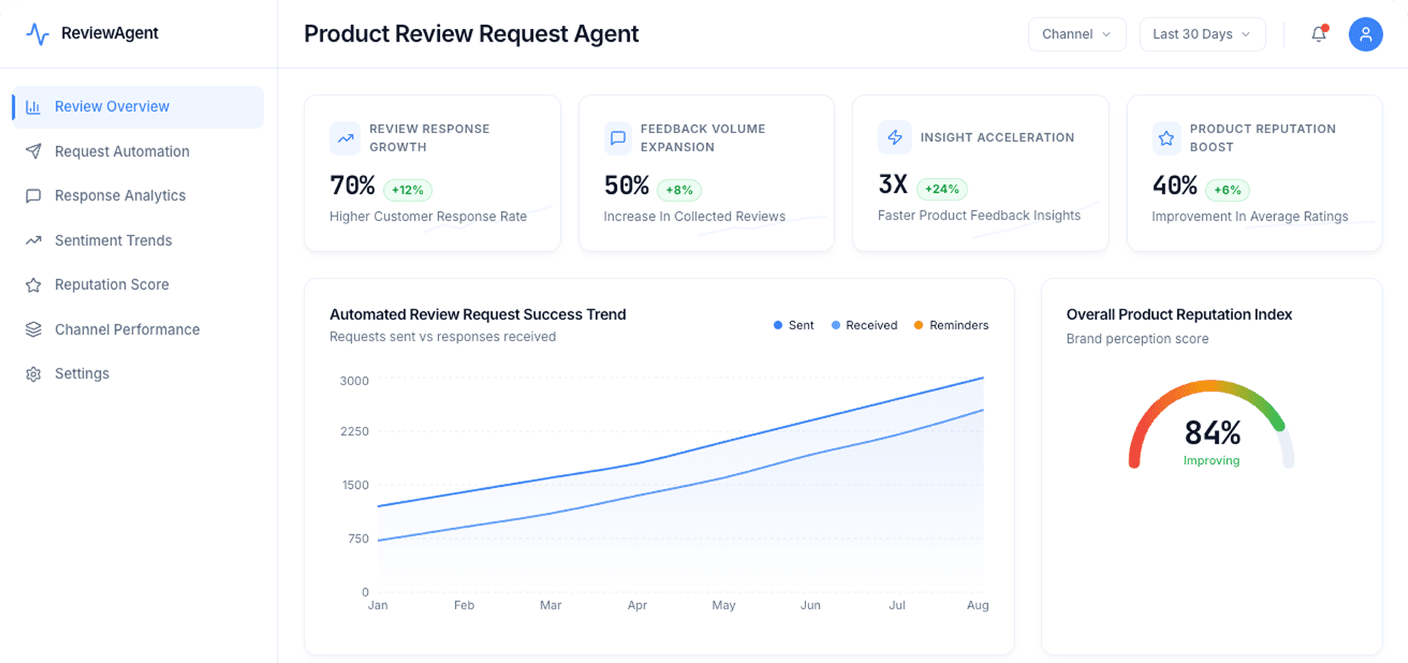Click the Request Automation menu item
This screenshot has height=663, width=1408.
pyautogui.click(x=121, y=151)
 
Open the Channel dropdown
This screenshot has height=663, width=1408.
pyautogui.click(x=1076, y=34)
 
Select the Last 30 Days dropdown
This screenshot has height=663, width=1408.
pyautogui.click(x=1201, y=34)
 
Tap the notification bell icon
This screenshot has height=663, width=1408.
pyautogui.click(x=1319, y=34)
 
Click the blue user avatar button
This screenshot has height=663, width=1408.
pyautogui.click(x=1365, y=34)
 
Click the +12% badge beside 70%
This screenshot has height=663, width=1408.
pyautogui.click(x=407, y=190)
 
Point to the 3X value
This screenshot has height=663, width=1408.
pyautogui.click(x=892, y=184)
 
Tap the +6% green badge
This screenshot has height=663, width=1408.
pyautogui.click(x=1227, y=190)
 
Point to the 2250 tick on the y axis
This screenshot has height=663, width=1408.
pyautogui.click(x=354, y=431)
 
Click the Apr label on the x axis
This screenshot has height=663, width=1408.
pyautogui.click(x=637, y=605)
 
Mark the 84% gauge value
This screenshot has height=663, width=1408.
pyautogui.click(x=1212, y=433)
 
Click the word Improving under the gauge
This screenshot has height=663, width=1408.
pyautogui.click(x=1211, y=460)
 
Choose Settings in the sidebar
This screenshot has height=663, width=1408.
pyautogui.click(x=82, y=374)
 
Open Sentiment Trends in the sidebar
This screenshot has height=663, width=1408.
pyautogui.click(x=113, y=241)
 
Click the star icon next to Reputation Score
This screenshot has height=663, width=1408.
pyautogui.click(x=33, y=285)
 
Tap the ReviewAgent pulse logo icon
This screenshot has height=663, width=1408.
pyautogui.click(x=37, y=34)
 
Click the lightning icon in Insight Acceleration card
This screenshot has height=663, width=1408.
pyautogui.click(x=894, y=137)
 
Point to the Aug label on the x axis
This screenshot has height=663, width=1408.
pyautogui.click(x=977, y=605)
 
